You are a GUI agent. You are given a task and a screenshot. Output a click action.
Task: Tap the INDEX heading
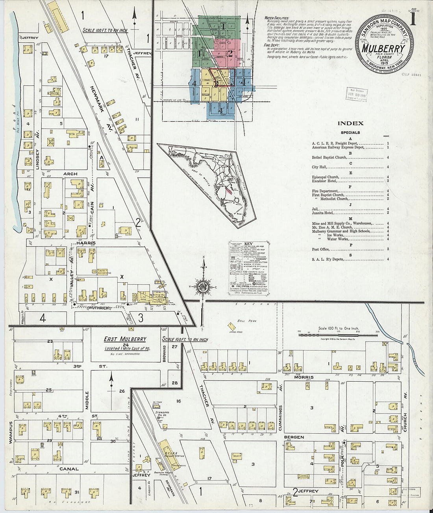pyautogui.click(x=350, y=123)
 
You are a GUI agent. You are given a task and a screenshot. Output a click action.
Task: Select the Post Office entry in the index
pyautogui.click(x=320, y=249)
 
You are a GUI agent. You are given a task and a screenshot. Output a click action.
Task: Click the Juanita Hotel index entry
pyautogui.click(x=322, y=213)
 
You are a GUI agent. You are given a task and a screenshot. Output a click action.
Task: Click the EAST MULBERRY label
pyautogui.click(x=125, y=339)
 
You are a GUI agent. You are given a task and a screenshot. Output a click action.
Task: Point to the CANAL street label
pyautogui.click(x=69, y=469)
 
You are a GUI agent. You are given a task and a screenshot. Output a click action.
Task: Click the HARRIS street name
pyautogui.click(x=87, y=243)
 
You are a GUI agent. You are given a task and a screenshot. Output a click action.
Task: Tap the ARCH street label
pyautogui.click(x=70, y=174)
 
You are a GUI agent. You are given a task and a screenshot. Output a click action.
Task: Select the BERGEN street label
pyautogui.click(x=294, y=437)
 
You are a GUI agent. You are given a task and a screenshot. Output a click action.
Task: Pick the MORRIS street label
pyautogui.click(x=303, y=377)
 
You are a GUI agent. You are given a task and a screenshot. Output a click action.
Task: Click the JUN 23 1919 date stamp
pyautogui.click(x=356, y=94)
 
